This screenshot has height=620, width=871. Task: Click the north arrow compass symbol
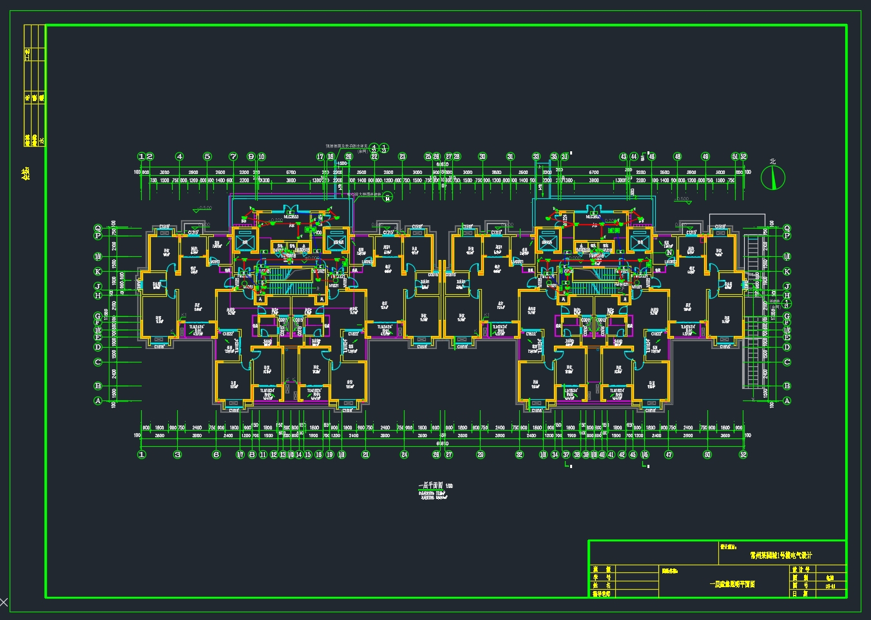click(773, 177)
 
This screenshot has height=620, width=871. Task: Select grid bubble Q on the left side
click(98, 228)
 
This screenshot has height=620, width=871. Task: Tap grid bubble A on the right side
click(787, 400)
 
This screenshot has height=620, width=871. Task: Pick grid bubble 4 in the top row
click(180, 156)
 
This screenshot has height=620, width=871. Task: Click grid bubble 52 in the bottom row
click(743, 455)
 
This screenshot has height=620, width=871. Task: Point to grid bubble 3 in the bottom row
click(178, 455)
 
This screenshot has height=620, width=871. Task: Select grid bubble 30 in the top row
click(483, 156)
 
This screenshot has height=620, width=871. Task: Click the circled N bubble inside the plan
click(670, 253)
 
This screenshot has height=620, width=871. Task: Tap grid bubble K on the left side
click(98, 272)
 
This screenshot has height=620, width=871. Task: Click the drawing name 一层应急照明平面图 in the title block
click(732, 585)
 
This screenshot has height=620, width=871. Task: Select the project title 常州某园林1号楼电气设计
click(781, 555)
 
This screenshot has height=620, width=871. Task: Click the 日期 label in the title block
click(800, 594)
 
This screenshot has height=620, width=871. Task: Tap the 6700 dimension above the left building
click(291, 173)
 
